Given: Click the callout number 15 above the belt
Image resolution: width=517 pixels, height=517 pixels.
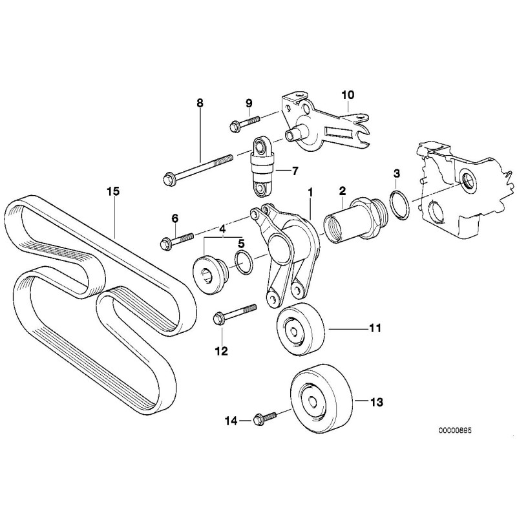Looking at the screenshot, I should click(x=114, y=191).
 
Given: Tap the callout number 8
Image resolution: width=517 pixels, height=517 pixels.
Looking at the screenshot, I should click(x=200, y=103).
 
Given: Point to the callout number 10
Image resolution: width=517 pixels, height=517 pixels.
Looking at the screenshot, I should click(x=348, y=96).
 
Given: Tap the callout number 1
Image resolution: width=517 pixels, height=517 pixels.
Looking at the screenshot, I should click(x=310, y=191).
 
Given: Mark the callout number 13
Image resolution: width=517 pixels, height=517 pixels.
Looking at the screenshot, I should click(x=377, y=402).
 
